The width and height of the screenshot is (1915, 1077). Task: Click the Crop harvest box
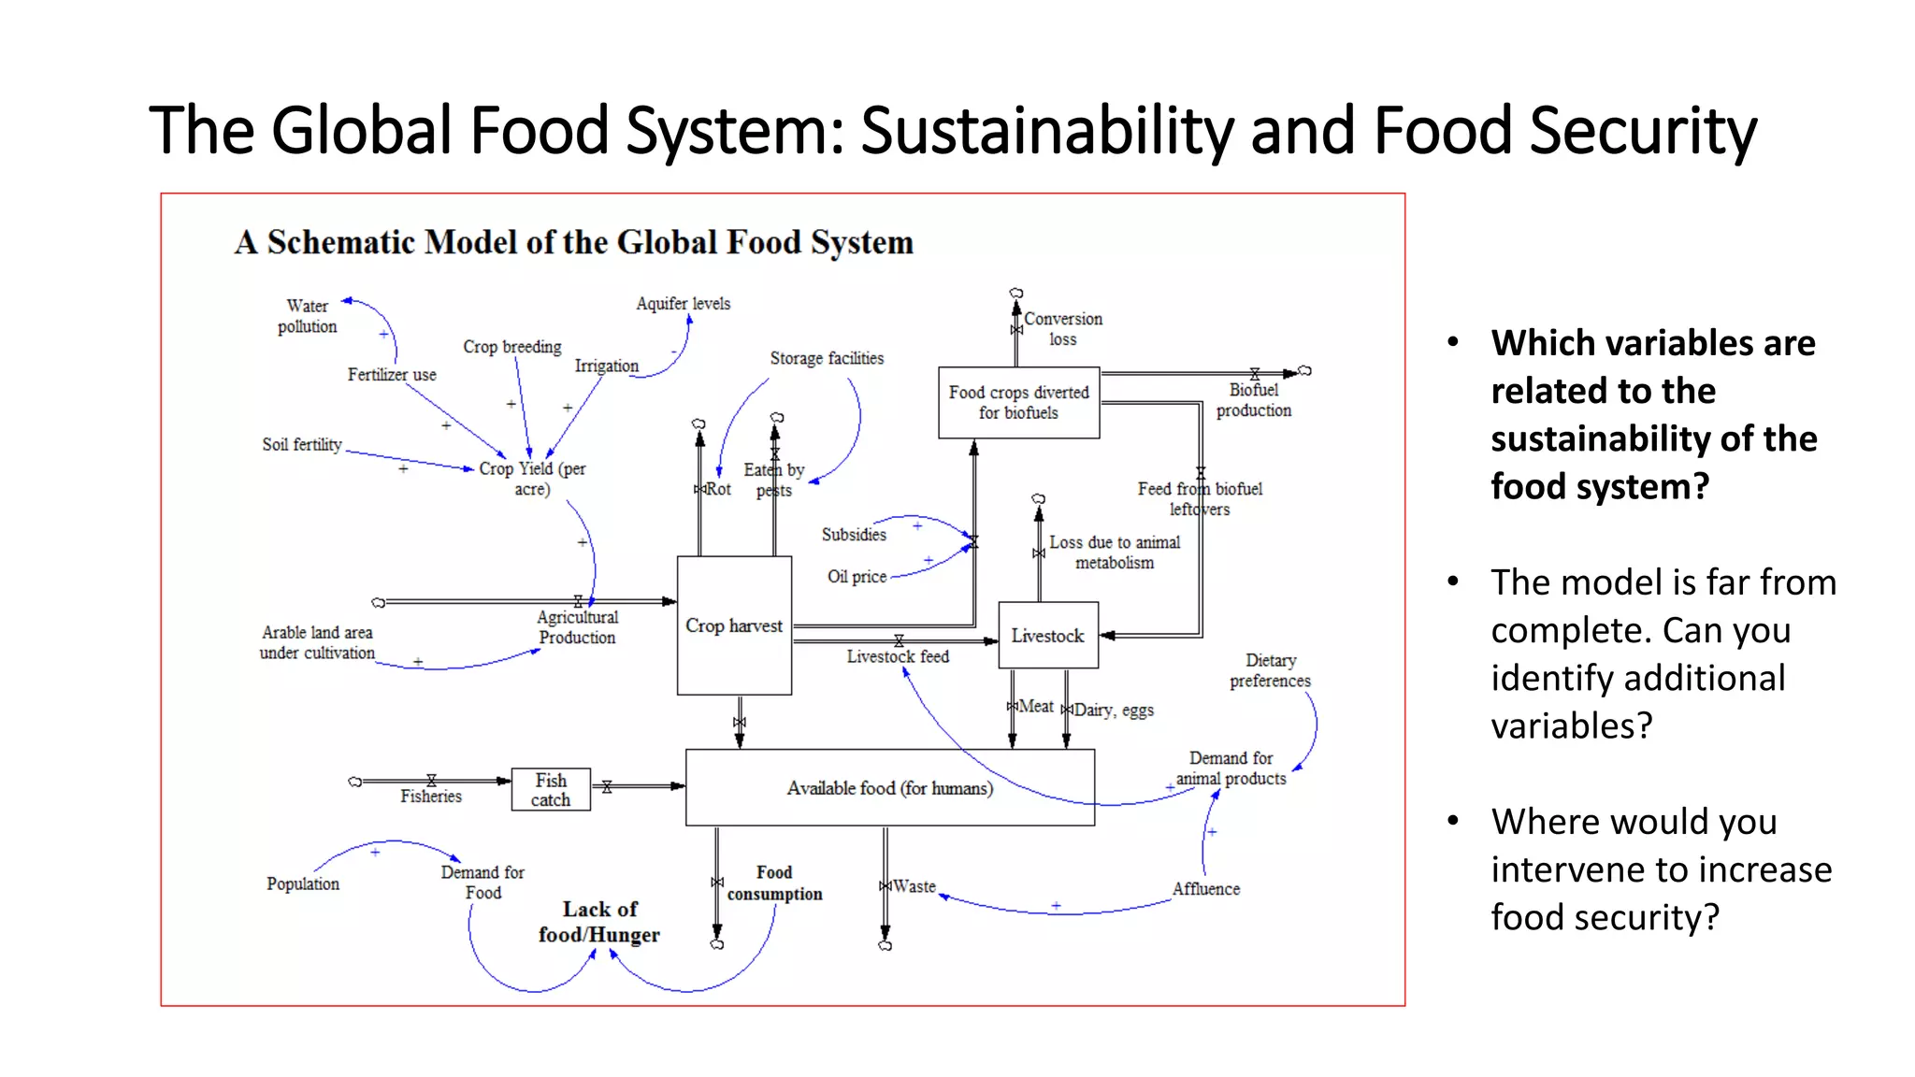[734, 625]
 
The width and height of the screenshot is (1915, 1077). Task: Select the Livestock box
[1047, 636]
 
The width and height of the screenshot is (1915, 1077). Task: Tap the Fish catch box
[551, 790]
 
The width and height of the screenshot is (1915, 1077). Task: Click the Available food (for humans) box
[889, 788]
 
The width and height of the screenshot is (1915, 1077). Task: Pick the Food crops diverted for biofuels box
[1018, 402]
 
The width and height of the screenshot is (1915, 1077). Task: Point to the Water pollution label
[307, 316]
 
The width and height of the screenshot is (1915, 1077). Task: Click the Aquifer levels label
[683, 304]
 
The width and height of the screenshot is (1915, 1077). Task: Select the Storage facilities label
[827, 358]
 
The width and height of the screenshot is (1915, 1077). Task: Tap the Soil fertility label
[302, 445]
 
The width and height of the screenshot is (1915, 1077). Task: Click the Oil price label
[857, 577]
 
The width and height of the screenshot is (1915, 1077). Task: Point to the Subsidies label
[854, 535]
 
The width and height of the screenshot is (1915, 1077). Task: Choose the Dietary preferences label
[1270, 670]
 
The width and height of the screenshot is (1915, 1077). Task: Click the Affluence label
[1206, 889]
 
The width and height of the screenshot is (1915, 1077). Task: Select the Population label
[303, 883]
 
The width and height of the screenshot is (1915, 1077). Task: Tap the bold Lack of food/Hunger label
[599, 922]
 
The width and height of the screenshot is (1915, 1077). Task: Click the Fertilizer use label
[392, 375]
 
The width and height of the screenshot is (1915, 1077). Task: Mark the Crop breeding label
[512, 347]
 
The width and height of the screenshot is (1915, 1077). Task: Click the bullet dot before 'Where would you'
[1453, 821]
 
